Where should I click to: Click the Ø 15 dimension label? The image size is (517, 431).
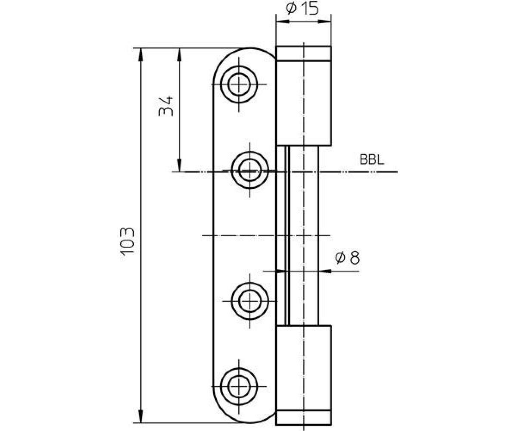[302, 9]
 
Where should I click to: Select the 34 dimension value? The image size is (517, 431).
[165, 106]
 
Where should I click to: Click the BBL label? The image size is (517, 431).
[372, 160]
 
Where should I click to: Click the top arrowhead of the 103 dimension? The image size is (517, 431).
[140, 54]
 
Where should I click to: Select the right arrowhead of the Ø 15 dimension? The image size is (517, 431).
[325, 22]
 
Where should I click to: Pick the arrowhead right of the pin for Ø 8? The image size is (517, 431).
[325, 271]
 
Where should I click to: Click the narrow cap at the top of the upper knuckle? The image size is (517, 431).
[304, 53]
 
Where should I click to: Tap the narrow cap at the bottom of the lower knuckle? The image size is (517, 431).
[304, 418]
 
